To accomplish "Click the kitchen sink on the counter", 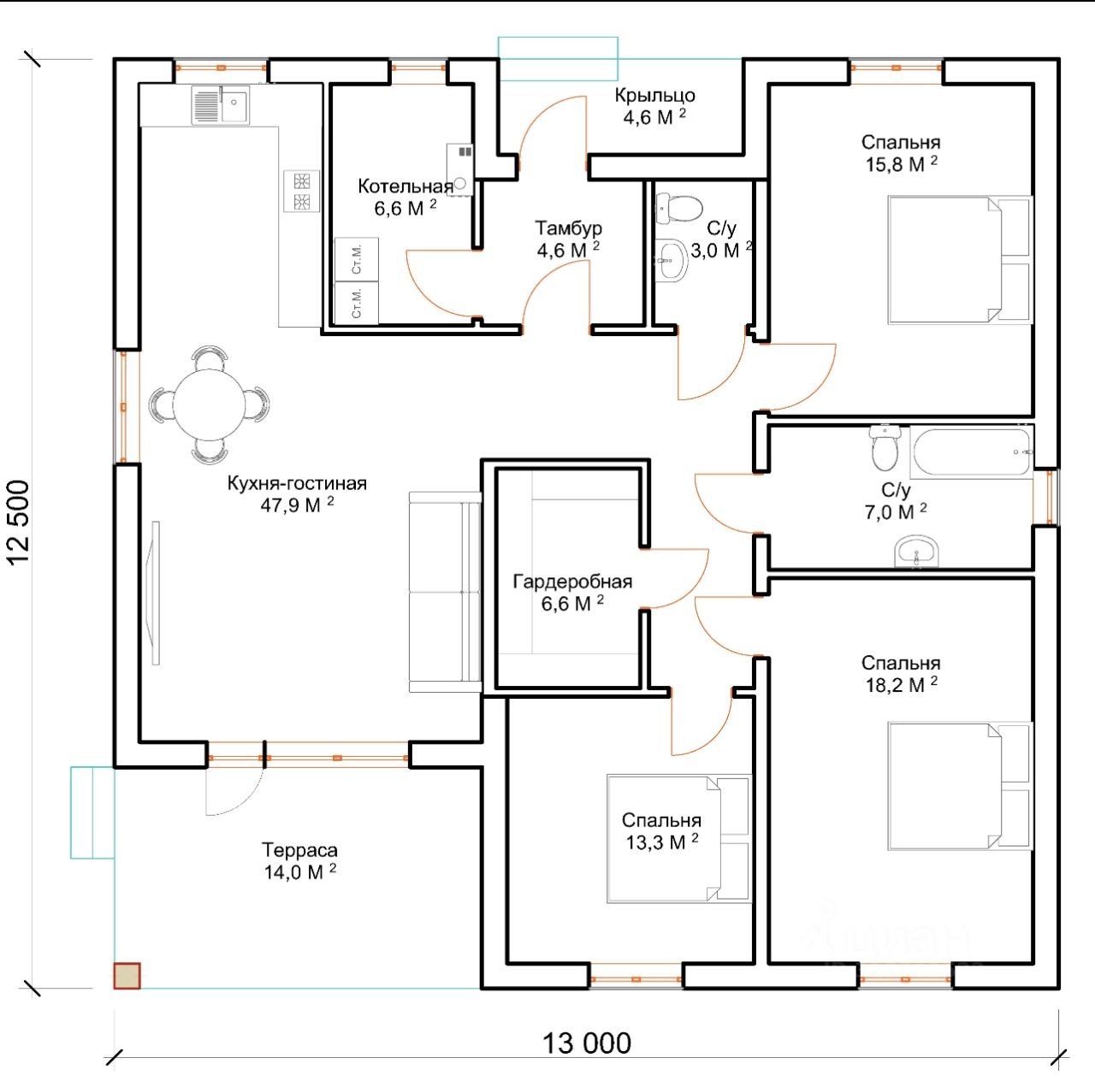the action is tap(221, 104).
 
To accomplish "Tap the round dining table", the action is tap(209, 405).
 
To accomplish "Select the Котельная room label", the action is tap(405, 186).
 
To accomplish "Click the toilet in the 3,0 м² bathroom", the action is tap(678, 208).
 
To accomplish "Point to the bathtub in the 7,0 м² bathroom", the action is tap(971, 452).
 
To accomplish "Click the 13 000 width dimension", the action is tap(587, 1043).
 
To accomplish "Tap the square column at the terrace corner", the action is tap(127, 975).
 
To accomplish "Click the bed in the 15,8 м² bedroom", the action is tap(960, 260).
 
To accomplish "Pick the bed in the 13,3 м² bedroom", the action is tap(679, 838).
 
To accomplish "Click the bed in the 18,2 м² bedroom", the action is tap(960, 786).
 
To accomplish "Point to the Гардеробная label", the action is tap(572, 582).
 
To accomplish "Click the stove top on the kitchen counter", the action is tap(302, 192).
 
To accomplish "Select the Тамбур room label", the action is tap(568, 227).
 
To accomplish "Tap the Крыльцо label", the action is tap(654, 96).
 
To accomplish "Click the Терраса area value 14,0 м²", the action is tap(299, 871).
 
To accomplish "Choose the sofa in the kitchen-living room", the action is tap(445, 592).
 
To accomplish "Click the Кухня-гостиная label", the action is tap(297, 483).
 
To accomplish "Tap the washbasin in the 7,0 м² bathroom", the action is tap(916, 551).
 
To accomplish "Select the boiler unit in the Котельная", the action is tap(459, 169).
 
